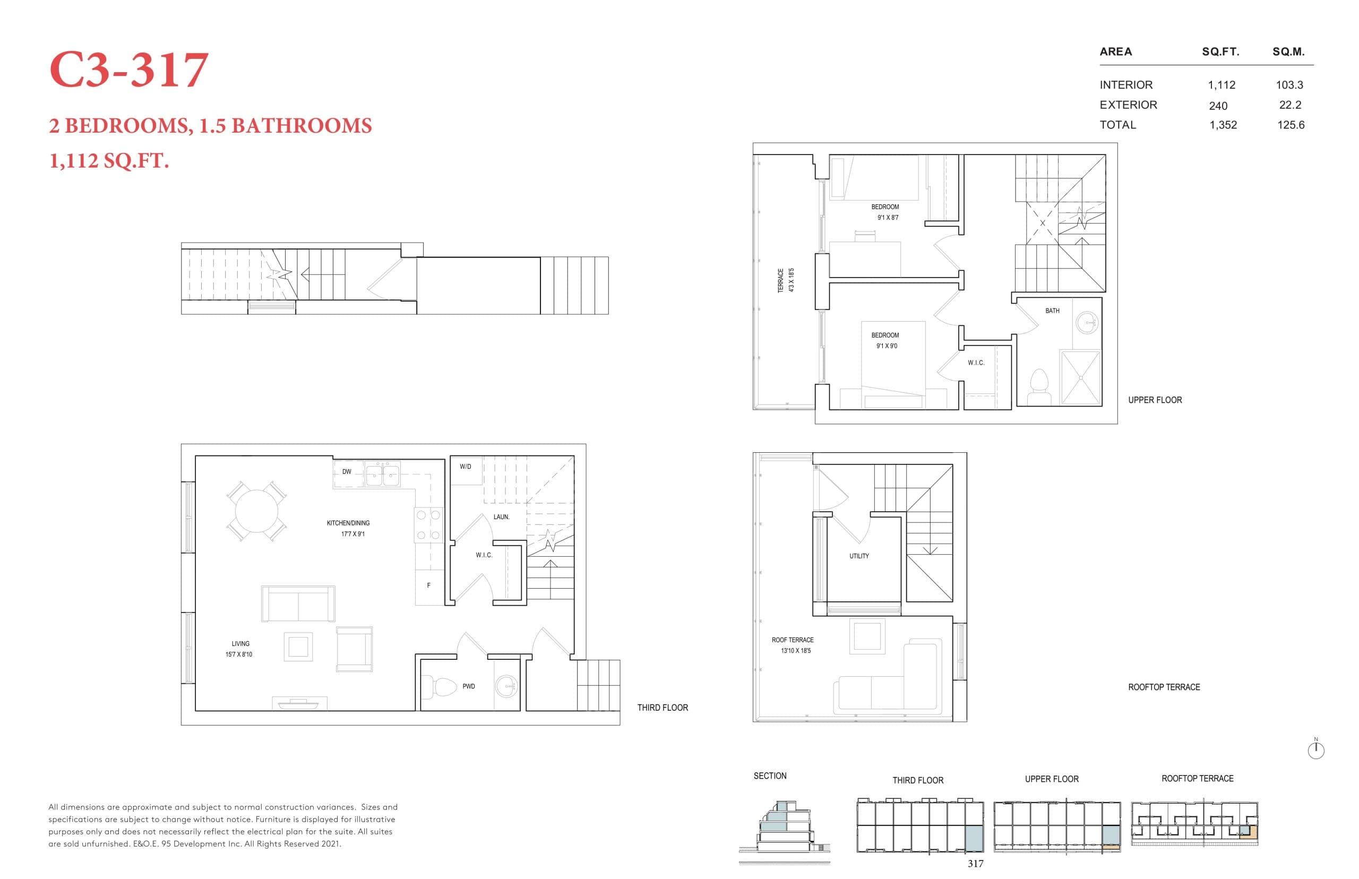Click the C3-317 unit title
click(x=128, y=70)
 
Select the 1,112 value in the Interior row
click(x=1221, y=85)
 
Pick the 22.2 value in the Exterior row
click(x=1289, y=105)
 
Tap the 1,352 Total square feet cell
click(x=1223, y=125)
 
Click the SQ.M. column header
click(x=1288, y=52)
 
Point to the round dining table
click(x=256, y=510)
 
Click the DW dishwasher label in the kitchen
click(x=347, y=472)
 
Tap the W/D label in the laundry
click(x=465, y=467)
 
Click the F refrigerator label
click(x=428, y=585)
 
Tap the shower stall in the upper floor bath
click(x=1079, y=377)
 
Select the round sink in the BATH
click(x=1086, y=323)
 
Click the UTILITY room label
click(x=858, y=556)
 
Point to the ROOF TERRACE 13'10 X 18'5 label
click(x=793, y=645)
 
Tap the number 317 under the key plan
click(x=975, y=864)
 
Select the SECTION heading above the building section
click(x=769, y=775)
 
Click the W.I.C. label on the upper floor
click(x=975, y=363)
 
